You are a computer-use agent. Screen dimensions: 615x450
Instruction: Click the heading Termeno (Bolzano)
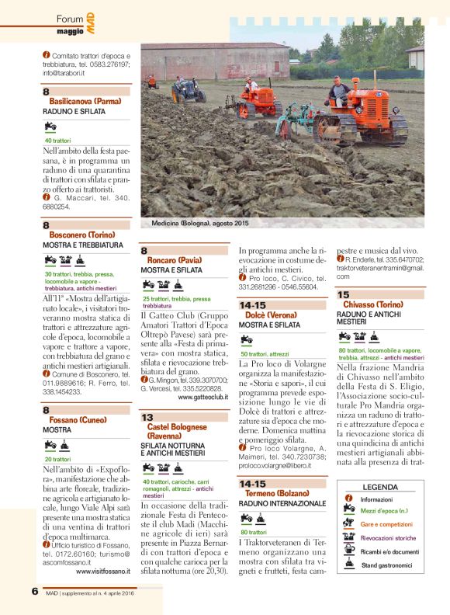pyautogui.click(x=282, y=494)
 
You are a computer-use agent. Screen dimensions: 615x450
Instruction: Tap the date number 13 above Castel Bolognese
pyautogui.click(x=147, y=417)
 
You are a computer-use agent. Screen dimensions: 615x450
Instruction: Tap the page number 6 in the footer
pyautogui.click(x=35, y=591)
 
